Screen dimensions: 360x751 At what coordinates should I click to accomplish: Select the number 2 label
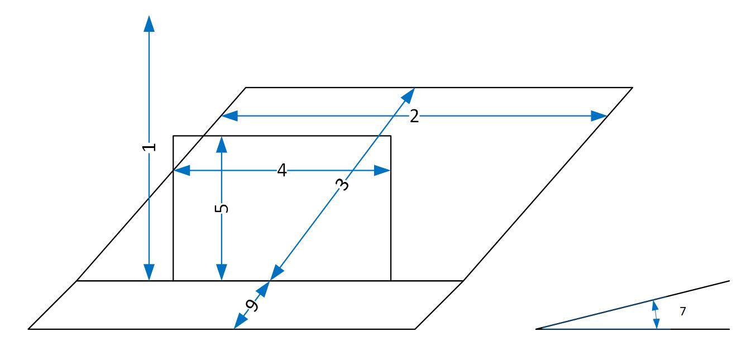414,116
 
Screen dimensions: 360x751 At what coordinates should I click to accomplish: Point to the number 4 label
282,170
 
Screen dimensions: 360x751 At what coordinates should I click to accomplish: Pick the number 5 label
222,208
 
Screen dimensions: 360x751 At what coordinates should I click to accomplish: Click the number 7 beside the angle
682,312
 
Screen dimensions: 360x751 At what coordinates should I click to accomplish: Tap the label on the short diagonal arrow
252,305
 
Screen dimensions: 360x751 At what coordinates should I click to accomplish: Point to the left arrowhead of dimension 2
229,116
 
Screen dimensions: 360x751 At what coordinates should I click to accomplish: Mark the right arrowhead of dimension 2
600,116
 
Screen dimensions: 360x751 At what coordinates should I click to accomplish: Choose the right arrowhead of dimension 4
383,170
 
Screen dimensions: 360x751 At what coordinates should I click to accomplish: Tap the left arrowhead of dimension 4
181,170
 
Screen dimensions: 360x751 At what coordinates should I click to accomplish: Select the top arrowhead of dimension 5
222,143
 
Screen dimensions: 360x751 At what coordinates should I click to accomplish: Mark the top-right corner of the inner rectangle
390,136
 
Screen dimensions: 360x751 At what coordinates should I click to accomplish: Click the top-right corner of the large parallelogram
632,88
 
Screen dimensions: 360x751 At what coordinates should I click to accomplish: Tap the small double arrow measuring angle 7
656,315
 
